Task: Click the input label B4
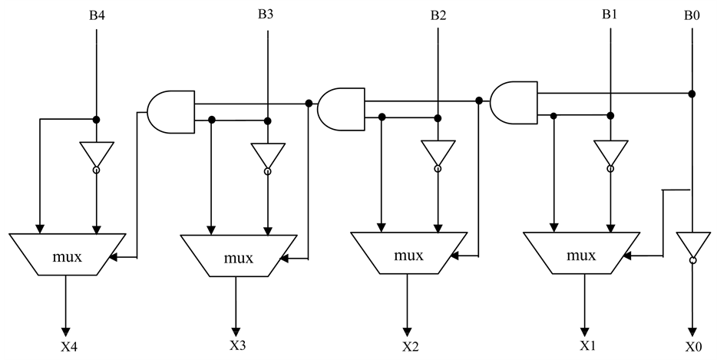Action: [x=94, y=14]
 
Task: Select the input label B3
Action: [x=266, y=14]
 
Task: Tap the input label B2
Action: [x=438, y=14]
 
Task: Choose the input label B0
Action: [x=692, y=14]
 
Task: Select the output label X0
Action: [x=693, y=346]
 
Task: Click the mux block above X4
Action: [x=67, y=253]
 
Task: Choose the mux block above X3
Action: [x=238, y=256]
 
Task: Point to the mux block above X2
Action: [x=409, y=253]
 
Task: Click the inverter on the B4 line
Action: [x=96, y=156]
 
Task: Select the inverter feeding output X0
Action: [x=692, y=246]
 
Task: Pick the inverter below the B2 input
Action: [x=438, y=154]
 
